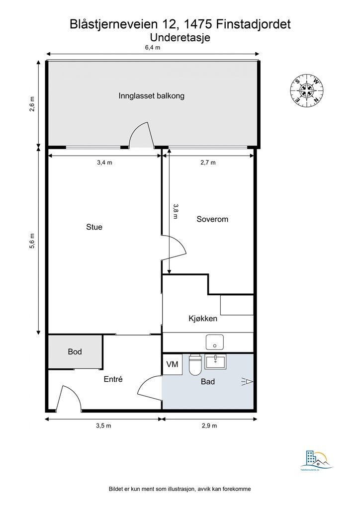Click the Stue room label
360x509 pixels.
94,227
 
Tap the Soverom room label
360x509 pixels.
212,219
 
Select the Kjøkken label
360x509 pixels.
202,319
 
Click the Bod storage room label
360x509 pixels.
75,351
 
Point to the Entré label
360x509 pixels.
113,379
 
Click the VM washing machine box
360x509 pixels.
173,364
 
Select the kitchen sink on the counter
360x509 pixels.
215,342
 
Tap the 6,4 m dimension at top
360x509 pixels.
152,48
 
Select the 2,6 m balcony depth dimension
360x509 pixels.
33,104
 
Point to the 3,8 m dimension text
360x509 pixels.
175,211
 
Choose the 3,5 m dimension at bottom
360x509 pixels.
103,426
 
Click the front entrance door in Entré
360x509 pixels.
69,399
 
